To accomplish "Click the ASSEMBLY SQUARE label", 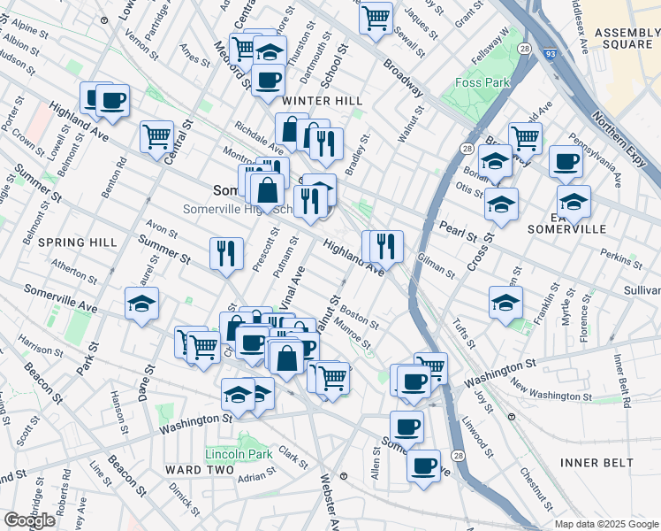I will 627,39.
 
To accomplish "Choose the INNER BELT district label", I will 596,463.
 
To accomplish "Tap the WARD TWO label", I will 200,469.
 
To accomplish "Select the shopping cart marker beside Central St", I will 156,136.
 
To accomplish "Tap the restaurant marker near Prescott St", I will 226,253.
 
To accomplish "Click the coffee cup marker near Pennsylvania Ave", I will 566,161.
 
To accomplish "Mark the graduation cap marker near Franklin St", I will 505,302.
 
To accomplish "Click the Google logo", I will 30,520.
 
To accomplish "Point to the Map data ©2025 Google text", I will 606,524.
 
